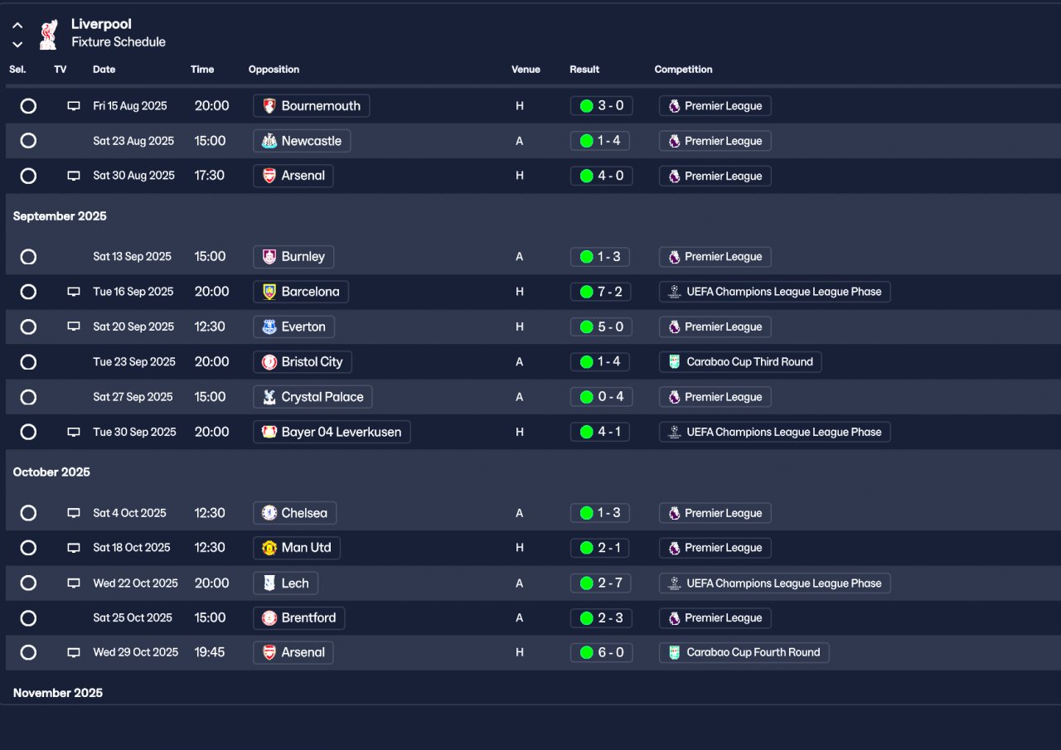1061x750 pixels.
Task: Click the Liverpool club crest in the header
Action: point(49,35)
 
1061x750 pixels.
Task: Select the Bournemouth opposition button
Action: point(311,105)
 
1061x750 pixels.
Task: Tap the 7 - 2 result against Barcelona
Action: point(600,292)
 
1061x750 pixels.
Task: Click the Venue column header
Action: point(526,69)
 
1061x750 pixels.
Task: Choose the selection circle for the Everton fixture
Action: point(28,327)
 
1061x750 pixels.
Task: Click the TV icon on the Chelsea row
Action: point(74,513)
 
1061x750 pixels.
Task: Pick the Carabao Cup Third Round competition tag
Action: point(740,362)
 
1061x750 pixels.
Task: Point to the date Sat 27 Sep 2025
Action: point(133,397)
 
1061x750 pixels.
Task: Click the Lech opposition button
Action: point(285,583)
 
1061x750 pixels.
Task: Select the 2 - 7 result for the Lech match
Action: point(600,583)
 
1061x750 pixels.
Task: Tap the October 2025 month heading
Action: point(51,472)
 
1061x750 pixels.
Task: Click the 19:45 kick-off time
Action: point(210,652)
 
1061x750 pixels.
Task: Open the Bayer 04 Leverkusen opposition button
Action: point(332,432)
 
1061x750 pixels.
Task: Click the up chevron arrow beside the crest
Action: point(17,26)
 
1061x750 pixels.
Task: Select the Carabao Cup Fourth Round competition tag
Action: point(744,652)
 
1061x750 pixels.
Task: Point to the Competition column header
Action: point(683,69)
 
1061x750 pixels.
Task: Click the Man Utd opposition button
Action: point(297,548)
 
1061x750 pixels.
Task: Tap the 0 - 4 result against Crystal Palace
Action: point(601,397)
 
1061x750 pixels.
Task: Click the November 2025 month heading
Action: point(58,693)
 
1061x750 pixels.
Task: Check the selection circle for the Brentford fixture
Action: point(28,618)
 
